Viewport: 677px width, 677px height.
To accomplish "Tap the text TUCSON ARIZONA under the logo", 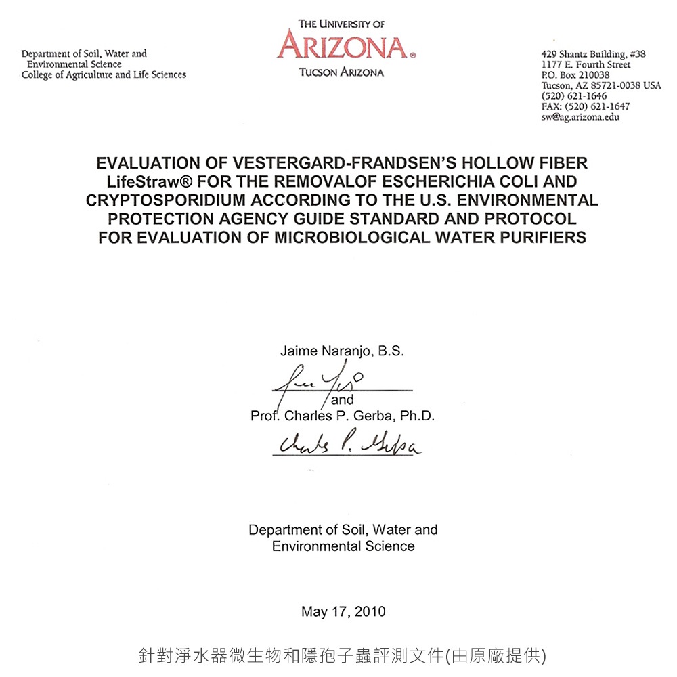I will pos(341,72).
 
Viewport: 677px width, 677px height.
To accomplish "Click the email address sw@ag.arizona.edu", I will pos(580,117).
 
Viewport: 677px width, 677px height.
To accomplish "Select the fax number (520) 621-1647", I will pos(586,106).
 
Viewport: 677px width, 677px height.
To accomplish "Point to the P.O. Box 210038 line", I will pos(575,74).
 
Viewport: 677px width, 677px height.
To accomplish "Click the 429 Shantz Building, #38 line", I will pos(593,53).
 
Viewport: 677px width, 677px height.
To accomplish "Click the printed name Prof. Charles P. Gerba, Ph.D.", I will pos(342,416).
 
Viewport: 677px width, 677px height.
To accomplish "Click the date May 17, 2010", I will pos(343,612).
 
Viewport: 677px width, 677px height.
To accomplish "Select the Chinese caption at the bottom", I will pos(342,655).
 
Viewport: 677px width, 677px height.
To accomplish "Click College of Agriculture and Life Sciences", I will pos(104,74).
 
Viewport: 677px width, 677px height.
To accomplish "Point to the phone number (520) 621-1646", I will pos(574,96).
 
